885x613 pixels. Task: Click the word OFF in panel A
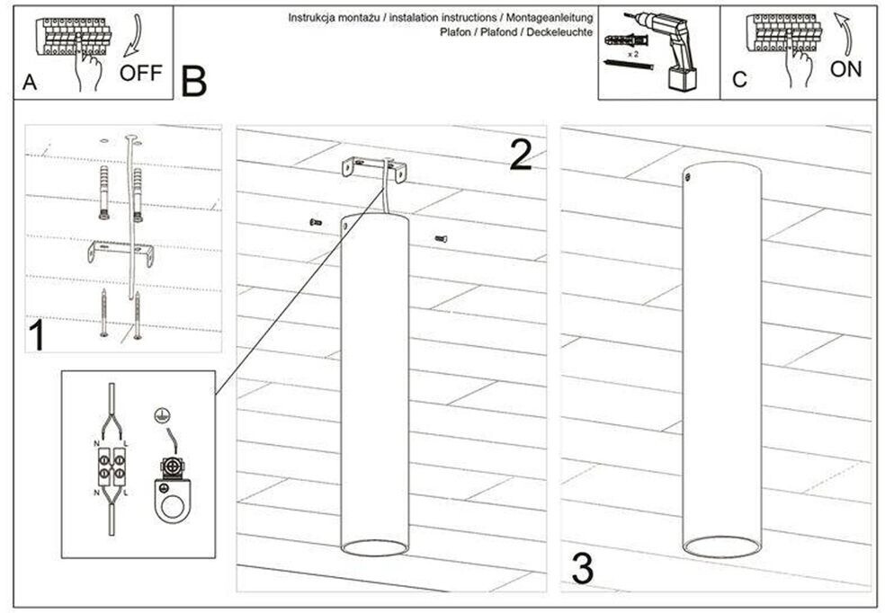(x=140, y=72)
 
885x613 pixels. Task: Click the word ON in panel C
(x=845, y=69)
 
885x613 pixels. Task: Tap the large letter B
(x=193, y=81)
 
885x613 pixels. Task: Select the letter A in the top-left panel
(x=30, y=82)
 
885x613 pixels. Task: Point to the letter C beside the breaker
(x=739, y=80)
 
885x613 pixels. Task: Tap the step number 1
(x=36, y=337)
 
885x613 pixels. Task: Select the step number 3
(x=583, y=568)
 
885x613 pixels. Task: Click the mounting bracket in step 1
(x=121, y=252)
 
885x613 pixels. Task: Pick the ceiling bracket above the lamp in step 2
(x=371, y=170)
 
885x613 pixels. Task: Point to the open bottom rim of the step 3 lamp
(x=720, y=546)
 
